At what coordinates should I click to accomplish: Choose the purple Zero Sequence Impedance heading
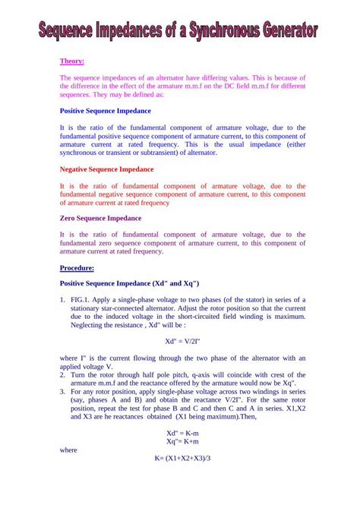point(100,218)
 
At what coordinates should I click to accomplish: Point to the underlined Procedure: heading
point(77,268)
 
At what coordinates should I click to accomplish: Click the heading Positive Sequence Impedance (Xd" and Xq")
point(129,283)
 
